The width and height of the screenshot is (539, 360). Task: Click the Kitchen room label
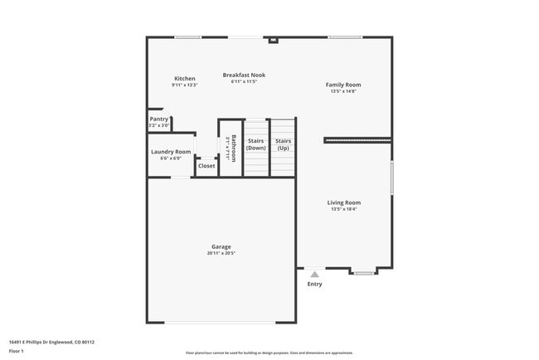pyautogui.click(x=184, y=79)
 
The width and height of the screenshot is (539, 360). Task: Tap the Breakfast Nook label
pyautogui.click(x=244, y=75)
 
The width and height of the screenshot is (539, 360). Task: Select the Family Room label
pyautogui.click(x=342, y=85)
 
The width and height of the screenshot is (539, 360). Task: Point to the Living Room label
pyautogui.click(x=343, y=202)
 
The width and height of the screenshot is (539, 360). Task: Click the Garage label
pyautogui.click(x=221, y=246)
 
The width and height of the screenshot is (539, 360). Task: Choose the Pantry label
pyautogui.click(x=158, y=119)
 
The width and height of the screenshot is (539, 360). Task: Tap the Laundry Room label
pyautogui.click(x=171, y=152)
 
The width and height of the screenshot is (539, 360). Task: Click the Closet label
pyautogui.click(x=206, y=166)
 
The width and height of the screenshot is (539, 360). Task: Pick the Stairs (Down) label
pyautogui.click(x=256, y=144)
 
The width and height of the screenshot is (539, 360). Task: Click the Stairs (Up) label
pyautogui.click(x=283, y=144)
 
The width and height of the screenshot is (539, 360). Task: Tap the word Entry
pyautogui.click(x=314, y=285)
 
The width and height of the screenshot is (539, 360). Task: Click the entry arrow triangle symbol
pyautogui.click(x=314, y=274)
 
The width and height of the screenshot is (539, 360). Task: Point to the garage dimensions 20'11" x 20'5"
pyautogui.click(x=221, y=253)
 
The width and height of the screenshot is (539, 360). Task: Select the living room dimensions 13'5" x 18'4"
pyautogui.click(x=343, y=209)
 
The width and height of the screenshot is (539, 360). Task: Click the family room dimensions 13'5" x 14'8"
pyautogui.click(x=342, y=91)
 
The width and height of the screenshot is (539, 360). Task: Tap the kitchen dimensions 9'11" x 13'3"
pyautogui.click(x=184, y=85)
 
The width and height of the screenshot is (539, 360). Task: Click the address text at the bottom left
pyautogui.click(x=51, y=341)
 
